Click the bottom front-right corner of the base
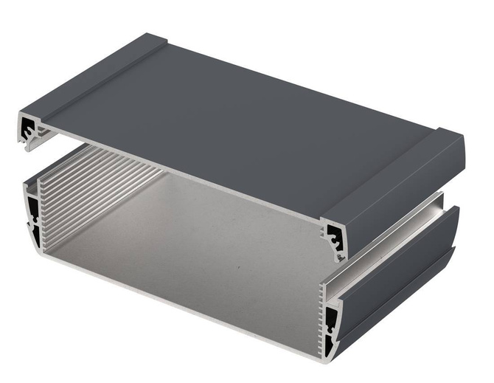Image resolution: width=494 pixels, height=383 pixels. [x=324, y=362]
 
